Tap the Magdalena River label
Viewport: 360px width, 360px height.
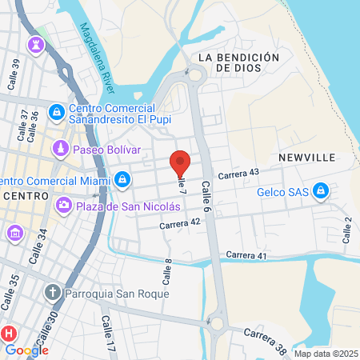pyautogui.click(x=98, y=57)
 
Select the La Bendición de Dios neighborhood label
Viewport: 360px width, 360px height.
pyautogui.click(x=238, y=64)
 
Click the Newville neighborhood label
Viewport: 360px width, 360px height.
pyautogui.click(x=306, y=158)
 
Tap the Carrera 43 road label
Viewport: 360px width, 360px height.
pyautogui.click(x=238, y=173)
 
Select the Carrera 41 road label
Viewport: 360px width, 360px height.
pyautogui.click(x=246, y=254)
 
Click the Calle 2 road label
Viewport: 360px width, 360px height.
pyautogui.click(x=347, y=230)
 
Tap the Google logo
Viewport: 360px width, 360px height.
pyautogui.click(x=26, y=350)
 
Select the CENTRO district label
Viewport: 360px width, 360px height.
pyautogui.click(x=26, y=196)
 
